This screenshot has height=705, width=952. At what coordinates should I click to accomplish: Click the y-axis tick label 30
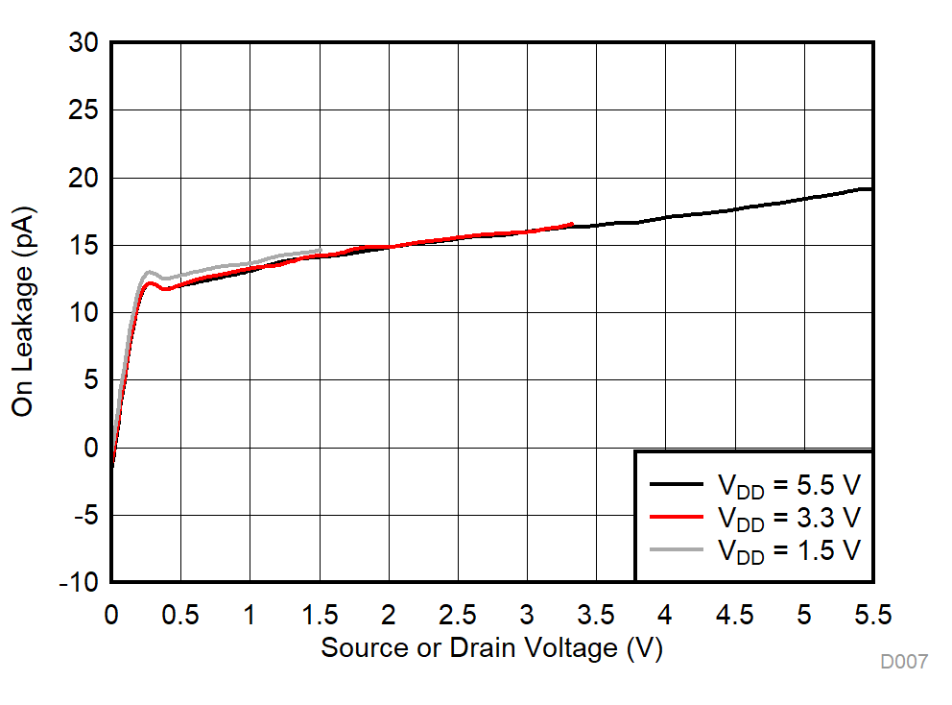click(83, 43)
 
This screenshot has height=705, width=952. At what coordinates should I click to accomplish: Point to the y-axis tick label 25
click(83, 110)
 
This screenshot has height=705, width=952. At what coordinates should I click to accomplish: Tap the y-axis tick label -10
click(77, 582)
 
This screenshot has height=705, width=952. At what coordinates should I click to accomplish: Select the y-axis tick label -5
click(83, 515)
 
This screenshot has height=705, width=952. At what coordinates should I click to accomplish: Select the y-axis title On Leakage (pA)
click(23, 311)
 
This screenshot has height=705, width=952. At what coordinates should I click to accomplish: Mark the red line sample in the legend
click(678, 516)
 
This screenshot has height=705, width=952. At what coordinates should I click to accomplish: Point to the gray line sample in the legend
click(678, 548)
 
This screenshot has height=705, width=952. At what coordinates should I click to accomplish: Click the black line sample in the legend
click(678, 483)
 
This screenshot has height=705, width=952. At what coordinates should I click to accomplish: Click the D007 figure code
click(903, 662)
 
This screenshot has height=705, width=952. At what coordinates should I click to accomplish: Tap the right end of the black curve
click(870, 189)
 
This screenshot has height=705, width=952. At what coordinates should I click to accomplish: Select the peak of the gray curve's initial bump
click(149, 272)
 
